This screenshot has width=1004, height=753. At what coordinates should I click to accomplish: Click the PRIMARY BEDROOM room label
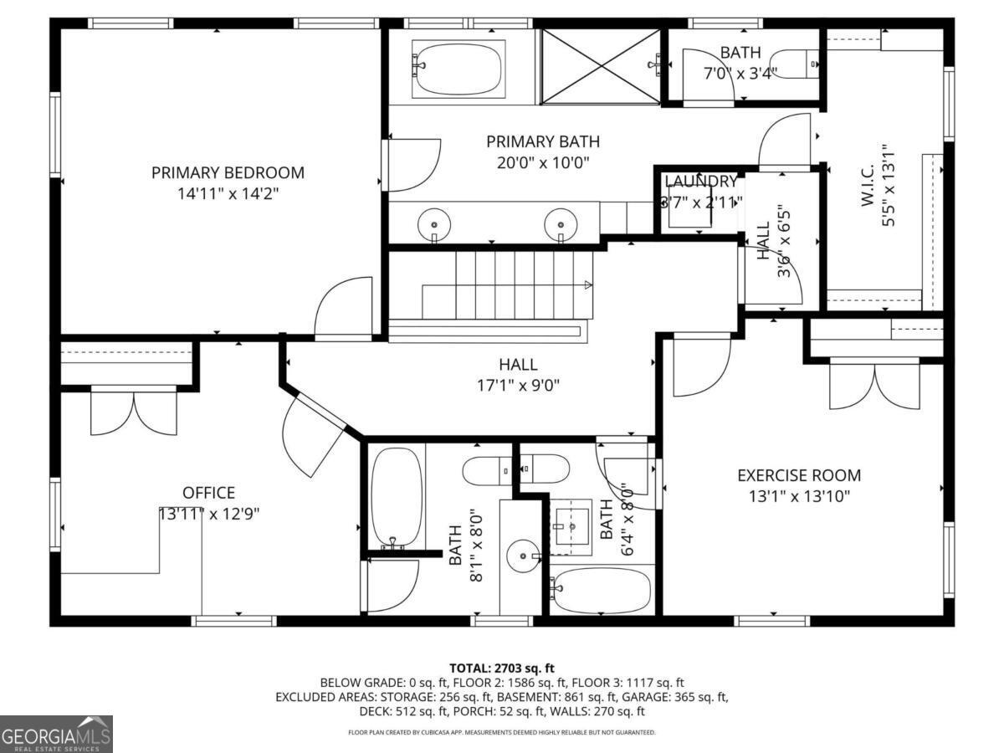228,173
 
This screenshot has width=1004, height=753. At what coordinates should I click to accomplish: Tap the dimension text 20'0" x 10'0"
543,162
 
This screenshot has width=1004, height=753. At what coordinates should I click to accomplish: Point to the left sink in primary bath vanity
434,224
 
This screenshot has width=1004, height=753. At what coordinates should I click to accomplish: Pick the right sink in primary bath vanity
560,224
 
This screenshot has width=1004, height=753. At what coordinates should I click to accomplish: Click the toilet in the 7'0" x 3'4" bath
794,63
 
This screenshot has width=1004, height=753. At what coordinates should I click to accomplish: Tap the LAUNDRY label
701,182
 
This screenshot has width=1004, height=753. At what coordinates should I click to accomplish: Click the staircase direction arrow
588,285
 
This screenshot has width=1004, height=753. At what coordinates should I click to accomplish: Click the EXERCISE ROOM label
798,475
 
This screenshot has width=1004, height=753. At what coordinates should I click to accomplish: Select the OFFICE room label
208,493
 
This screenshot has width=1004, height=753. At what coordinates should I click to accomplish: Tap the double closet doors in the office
134,412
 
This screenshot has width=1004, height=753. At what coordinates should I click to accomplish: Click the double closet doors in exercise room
874,385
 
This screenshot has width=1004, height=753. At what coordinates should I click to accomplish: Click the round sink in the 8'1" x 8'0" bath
524,555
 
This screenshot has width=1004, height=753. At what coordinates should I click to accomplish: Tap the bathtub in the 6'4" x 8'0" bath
601,591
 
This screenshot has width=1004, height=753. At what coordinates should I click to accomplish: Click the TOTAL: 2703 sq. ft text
501,668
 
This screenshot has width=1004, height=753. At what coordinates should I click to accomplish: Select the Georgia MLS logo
56,734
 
